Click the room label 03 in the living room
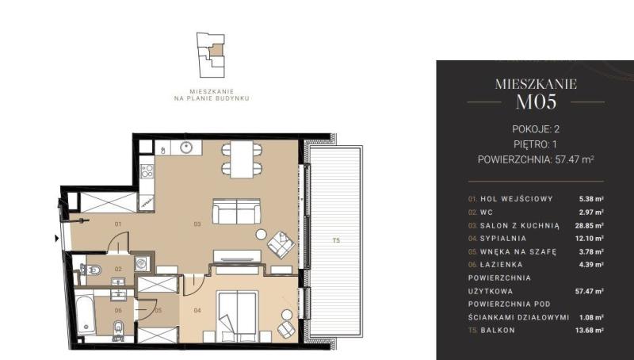pyautogui.click(x=197, y=224)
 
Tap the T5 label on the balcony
pyautogui.click(x=336, y=240)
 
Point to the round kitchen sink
pyautogui.click(x=186, y=147)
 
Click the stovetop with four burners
pyautogui.click(x=147, y=171)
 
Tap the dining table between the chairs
pyautogui.click(x=242, y=159)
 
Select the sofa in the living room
pyautogui.click(x=236, y=211)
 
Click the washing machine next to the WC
pyautogui.click(x=142, y=264)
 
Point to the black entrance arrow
pyautogui.click(x=57, y=238)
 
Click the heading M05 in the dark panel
pyautogui.click(x=537, y=102)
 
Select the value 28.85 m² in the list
pyautogui.click(x=590, y=225)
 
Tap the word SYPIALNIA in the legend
pyautogui.click(x=503, y=238)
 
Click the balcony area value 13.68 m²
pyautogui.click(x=590, y=330)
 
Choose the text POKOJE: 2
pyautogui.click(x=536, y=129)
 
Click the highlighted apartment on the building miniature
pyautogui.click(x=216, y=50)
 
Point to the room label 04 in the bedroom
pyautogui.click(x=197, y=311)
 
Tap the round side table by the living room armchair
pyautogui.click(x=262, y=234)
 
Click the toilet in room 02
pyautogui.click(x=92, y=269)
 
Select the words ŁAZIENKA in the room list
pyautogui.click(x=502, y=265)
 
